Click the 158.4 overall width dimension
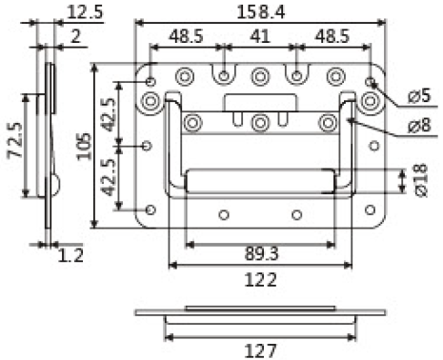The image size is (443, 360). coord(261,12)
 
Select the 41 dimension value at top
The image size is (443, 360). coord(260,36)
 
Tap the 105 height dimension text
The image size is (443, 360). coord(85,147)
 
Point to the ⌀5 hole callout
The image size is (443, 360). coord(419,95)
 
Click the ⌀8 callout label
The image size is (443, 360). coord(419,125)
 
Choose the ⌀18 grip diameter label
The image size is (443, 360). coord(420,180)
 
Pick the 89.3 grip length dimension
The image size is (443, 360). coord(261,253)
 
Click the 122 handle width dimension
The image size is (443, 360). coord(260,280)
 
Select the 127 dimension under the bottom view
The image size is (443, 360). coord(260,350)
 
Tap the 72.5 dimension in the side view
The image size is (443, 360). coord(15,140)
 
